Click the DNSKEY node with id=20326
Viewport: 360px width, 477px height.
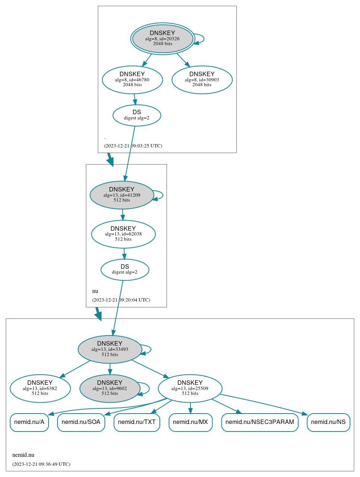coord(162,38)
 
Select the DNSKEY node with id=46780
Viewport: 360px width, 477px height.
coord(132,79)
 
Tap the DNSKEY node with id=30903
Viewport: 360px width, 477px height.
coord(202,79)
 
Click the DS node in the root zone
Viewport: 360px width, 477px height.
coord(137,115)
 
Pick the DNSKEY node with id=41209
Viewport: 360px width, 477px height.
coord(122,195)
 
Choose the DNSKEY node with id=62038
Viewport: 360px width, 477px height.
coord(123,234)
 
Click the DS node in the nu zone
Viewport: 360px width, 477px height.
coord(125,269)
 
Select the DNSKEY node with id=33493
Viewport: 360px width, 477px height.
coord(110,349)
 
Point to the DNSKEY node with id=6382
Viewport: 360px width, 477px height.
coord(40,389)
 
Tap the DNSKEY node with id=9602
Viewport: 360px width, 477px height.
coord(110,389)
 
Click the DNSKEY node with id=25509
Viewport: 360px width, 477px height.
coord(190,389)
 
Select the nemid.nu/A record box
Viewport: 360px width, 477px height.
coord(29,422)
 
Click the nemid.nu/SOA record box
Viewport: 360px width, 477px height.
coord(81,422)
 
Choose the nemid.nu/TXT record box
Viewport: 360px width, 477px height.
coord(137,422)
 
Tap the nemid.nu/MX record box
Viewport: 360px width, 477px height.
coord(190,422)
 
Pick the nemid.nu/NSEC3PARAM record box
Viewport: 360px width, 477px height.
coord(260,422)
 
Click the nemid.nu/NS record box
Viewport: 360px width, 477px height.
coord(328,422)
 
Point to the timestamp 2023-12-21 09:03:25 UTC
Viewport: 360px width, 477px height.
coord(133,146)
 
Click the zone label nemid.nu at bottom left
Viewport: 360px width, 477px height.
coord(23,455)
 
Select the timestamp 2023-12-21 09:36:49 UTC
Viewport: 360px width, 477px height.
coord(41,464)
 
